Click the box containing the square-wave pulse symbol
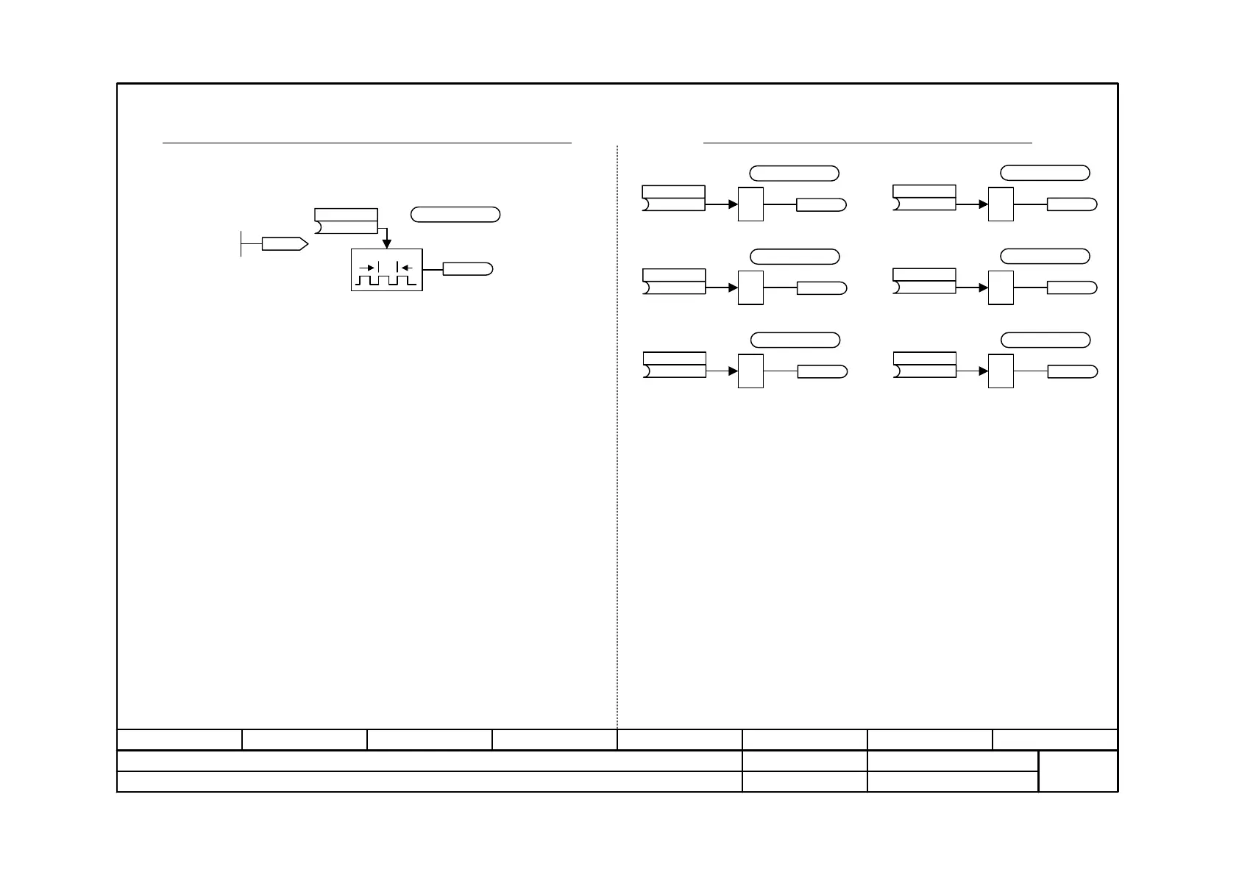coord(387,270)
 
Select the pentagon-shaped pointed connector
coord(284,244)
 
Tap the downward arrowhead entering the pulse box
coord(386,244)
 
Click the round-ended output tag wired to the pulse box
coord(467,269)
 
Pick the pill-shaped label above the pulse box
coord(455,215)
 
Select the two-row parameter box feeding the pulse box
coord(346,221)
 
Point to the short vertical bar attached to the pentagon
coord(241,244)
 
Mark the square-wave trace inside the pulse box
coord(387,281)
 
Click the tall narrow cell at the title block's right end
coord(1078,771)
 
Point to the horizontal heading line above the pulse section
coord(366,143)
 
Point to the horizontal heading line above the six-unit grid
coord(868,143)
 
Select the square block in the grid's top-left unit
coord(750,204)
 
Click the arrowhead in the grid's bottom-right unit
coord(983,371)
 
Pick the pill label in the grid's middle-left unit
coord(795,257)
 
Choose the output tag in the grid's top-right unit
coord(1072,204)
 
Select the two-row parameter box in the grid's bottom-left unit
coord(675,365)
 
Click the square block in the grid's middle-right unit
coord(1001,287)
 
